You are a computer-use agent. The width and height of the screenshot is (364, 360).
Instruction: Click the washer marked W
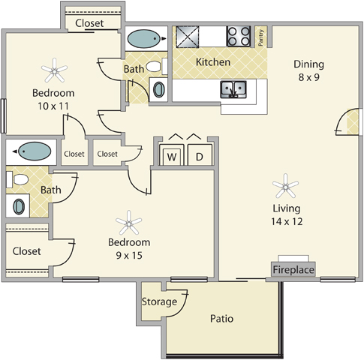[x=172, y=155]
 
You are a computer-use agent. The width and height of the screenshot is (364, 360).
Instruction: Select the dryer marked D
[x=200, y=155]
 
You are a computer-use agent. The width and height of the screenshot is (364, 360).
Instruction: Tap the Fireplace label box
[x=293, y=269]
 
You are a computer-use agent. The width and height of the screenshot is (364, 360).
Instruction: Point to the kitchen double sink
[x=233, y=89]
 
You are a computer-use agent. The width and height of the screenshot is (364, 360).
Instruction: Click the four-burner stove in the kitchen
[x=239, y=36]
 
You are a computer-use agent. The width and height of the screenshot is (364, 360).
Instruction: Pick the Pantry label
[x=260, y=37]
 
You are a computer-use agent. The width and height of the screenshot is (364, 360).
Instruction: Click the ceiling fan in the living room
[x=285, y=186]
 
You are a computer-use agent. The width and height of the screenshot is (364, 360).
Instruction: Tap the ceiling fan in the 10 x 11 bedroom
[x=54, y=70]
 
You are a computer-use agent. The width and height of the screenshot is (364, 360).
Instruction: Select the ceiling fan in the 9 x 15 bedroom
[x=128, y=223]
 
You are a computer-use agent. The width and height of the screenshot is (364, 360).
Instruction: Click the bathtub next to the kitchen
[x=144, y=39]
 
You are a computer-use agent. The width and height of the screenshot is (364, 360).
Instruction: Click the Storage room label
[x=159, y=301]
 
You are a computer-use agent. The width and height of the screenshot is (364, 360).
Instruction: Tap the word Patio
[x=221, y=319]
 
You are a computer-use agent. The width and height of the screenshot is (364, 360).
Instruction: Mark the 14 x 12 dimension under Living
[x=287, y=221]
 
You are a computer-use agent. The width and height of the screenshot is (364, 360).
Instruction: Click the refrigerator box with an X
[x=188, y=37]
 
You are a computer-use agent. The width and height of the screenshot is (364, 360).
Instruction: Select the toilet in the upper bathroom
[x=157, y=67]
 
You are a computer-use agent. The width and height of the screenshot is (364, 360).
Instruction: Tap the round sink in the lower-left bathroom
[x=19, y=206]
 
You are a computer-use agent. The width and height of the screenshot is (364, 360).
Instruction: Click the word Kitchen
[x=213, y=62]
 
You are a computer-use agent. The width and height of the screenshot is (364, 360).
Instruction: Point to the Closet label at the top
[x=89, y=23]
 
